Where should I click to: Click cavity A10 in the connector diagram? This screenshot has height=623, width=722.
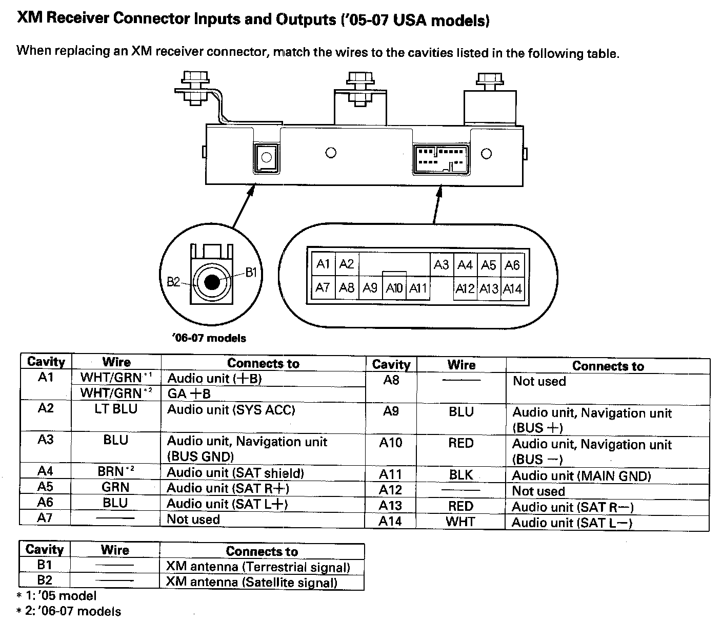(394, 288)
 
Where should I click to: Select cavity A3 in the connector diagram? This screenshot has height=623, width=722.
(441, 265)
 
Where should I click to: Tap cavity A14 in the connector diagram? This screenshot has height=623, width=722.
(512, 289)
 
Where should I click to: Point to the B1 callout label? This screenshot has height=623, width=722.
(251, 272)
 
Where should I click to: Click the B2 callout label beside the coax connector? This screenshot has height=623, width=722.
(173, 282)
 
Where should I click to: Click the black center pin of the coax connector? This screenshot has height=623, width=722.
(212, 282)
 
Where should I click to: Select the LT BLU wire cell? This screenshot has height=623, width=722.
(116, 409)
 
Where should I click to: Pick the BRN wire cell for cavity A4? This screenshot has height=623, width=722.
(116, 471)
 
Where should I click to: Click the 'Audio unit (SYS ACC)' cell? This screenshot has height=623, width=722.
(231, 410)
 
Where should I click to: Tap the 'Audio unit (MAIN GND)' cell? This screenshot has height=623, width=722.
(581, 476)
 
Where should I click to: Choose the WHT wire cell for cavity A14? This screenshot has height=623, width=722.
(460, 522)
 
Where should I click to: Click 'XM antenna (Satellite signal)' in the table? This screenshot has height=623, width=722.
(252, 583)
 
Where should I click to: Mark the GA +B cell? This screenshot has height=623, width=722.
(189, 394)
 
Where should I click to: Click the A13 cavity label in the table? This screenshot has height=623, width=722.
(390, 506)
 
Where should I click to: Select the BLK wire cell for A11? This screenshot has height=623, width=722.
(460, 475)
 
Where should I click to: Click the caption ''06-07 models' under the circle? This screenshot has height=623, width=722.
(209, 338)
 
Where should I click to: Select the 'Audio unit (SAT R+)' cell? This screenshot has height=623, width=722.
(228, 488)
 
